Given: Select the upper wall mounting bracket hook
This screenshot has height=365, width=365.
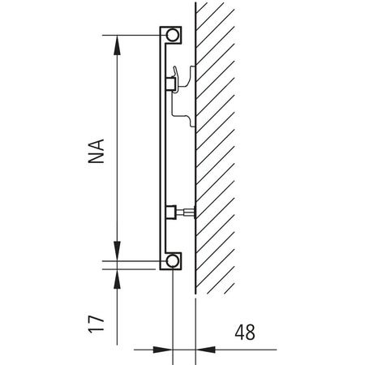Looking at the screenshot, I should point(187,77).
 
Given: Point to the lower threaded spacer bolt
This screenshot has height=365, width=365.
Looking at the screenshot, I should point(186,213).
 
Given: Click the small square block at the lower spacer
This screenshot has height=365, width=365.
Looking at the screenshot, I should point(171,213).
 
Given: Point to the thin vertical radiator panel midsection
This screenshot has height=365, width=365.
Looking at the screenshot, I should point(161,154).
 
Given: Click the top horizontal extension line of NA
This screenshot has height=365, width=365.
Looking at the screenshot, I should point(134,35).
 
